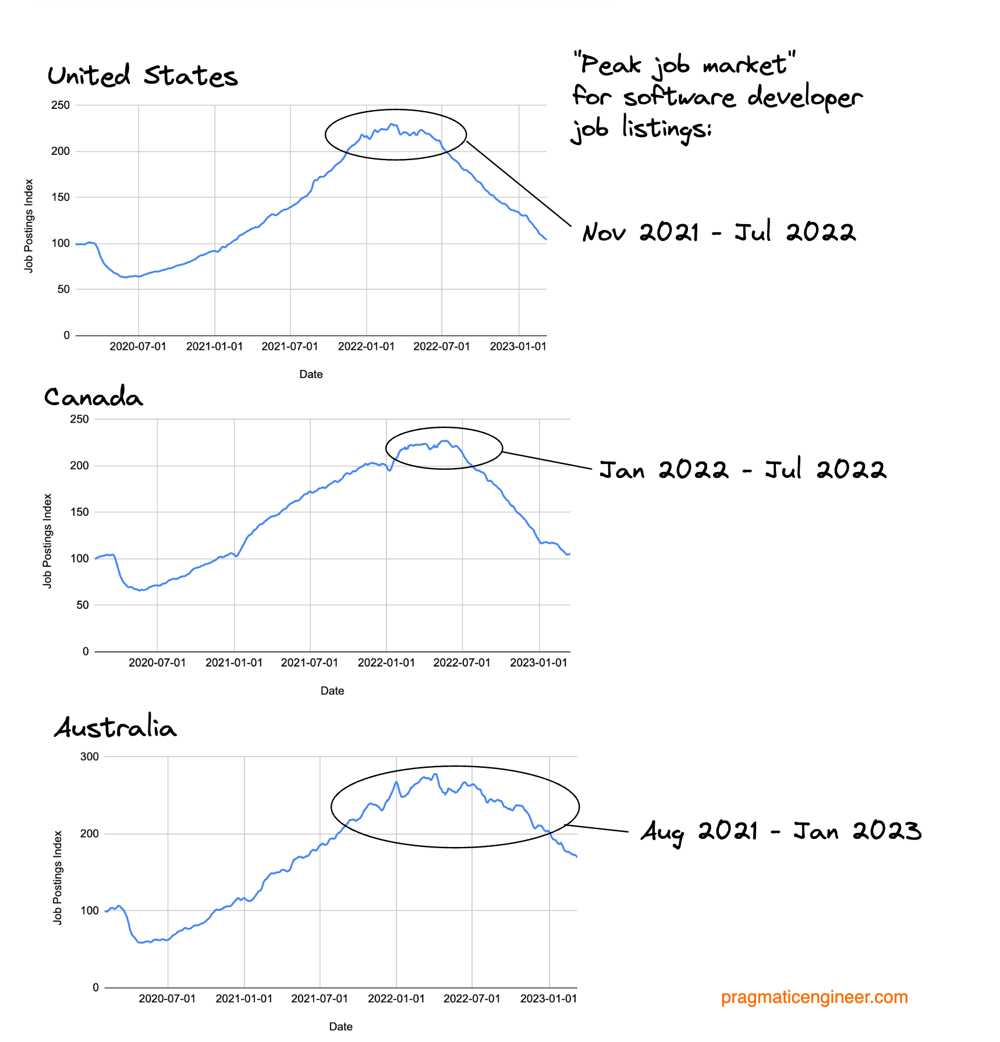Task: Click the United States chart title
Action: click(x=143, y=76)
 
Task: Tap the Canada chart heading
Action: click(x=93, y=398)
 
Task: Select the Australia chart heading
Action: click(x=115, y=728)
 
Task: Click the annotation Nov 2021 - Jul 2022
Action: click(x=719, y=232)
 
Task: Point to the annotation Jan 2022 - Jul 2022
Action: click(x=743, y=470)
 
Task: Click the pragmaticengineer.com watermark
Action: click(x=814, y=997)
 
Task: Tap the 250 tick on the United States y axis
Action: click(x=61, y=105)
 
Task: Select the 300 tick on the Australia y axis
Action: click(x=90, y=757)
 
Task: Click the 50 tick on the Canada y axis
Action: click(x=82, y=605)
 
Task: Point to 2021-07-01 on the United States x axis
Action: click(x=290, y=346)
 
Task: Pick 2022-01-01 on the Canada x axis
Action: click(x=386, y=662)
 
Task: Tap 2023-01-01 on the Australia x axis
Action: click(x=548, y=998)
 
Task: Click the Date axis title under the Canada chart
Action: click(x=332, y=690)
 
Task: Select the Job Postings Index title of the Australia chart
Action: click(x=57, y=877)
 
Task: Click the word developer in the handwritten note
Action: click(x=804, y=97)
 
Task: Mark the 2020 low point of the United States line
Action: click(x=125, y=277)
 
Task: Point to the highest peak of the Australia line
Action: click(x=435, y=774)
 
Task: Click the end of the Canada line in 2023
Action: click(x=569, y=554)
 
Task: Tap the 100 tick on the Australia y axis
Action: click(x=90, y=910)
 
